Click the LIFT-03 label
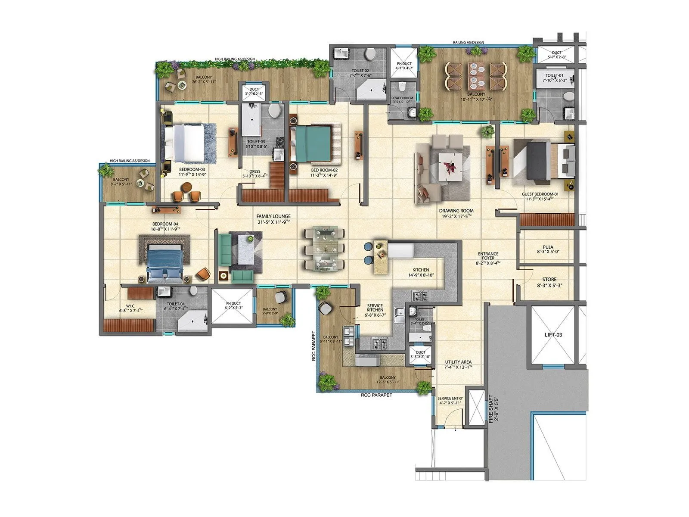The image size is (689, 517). (x=553, y=335)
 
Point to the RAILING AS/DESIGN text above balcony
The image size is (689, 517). (x=468, y=42)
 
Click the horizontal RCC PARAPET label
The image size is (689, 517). (x=376, y=395)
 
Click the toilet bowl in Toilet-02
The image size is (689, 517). (x=369, y=54)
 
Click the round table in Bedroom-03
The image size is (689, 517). (x=186, y=187)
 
